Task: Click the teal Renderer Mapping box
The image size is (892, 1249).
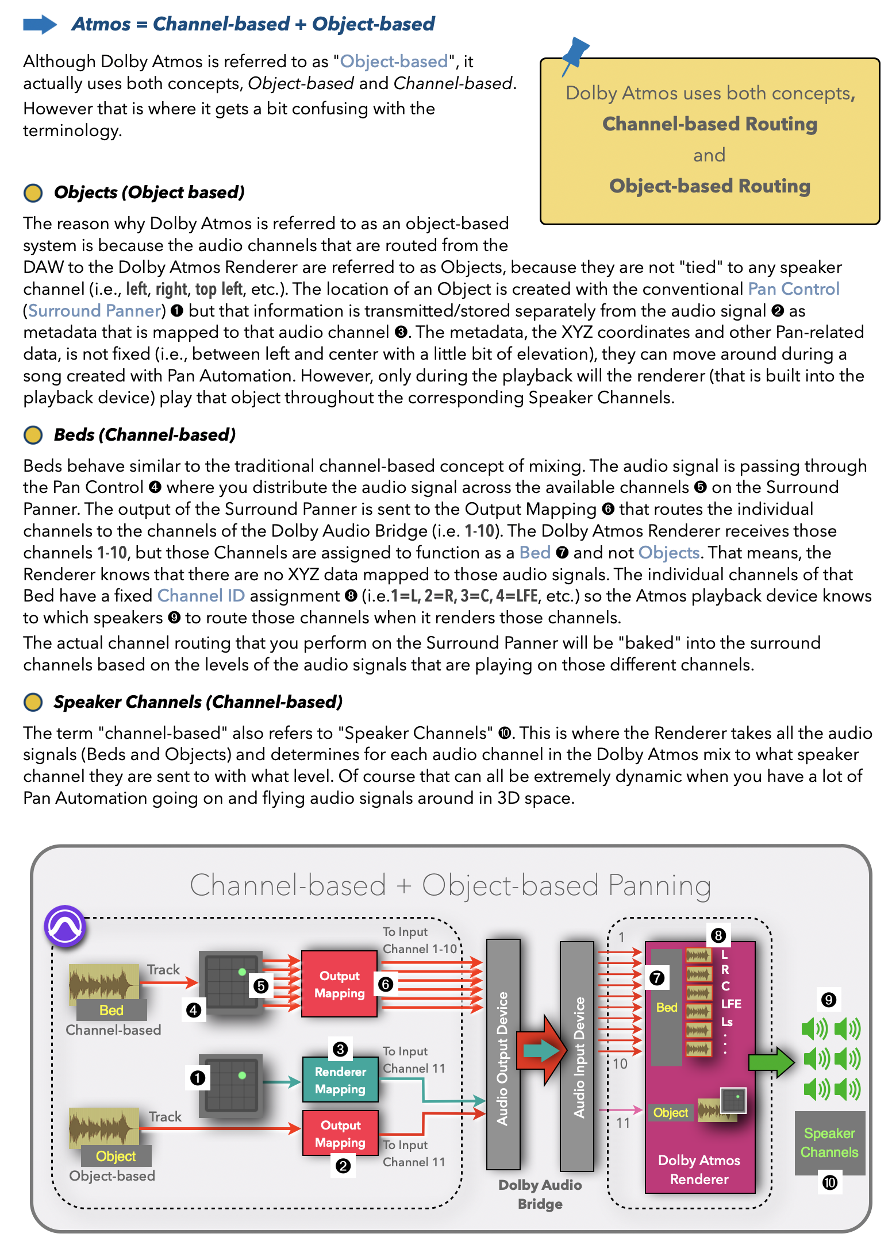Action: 340,1080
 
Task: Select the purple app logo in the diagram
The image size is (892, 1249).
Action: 66,926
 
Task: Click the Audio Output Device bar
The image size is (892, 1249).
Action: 503,1054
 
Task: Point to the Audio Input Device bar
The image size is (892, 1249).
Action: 577,1056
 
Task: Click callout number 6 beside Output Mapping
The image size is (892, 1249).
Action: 386,984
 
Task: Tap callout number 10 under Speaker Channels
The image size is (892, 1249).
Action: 830,1182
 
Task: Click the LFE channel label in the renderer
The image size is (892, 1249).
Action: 731,1004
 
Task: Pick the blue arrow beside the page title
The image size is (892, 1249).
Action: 40,24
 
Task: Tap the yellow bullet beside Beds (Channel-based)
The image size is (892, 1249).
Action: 33,435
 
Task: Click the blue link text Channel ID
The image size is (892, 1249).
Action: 201,596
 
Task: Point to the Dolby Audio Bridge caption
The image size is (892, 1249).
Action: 540,1194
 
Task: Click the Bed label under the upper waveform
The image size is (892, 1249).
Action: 111,1010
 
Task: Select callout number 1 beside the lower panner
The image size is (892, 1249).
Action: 198,1078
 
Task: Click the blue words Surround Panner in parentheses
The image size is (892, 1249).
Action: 95,311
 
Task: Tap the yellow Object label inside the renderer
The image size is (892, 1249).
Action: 670,1113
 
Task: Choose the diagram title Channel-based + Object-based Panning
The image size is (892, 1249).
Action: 451,885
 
